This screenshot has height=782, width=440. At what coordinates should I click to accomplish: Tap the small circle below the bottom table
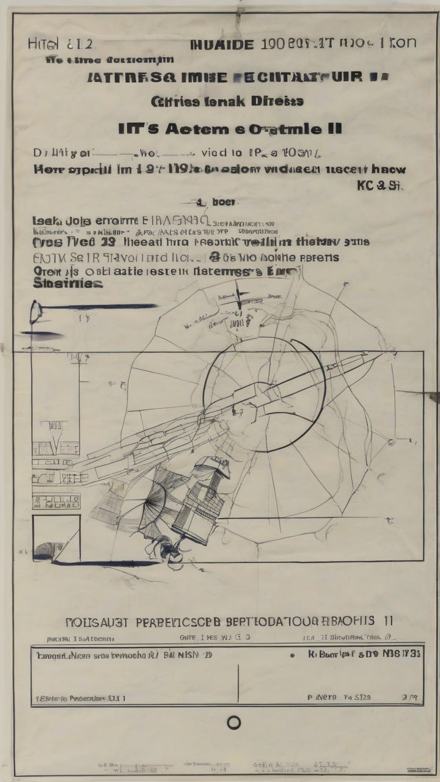[x=233, y=723]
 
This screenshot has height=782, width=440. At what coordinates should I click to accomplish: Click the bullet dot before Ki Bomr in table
[x=292, y=655]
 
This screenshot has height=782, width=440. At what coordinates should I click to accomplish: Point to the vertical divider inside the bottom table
[x=238, y=675]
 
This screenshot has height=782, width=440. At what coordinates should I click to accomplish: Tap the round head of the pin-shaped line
[x=36, y=311]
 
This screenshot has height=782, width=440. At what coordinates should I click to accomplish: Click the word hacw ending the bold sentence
[x=389, y=170]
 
